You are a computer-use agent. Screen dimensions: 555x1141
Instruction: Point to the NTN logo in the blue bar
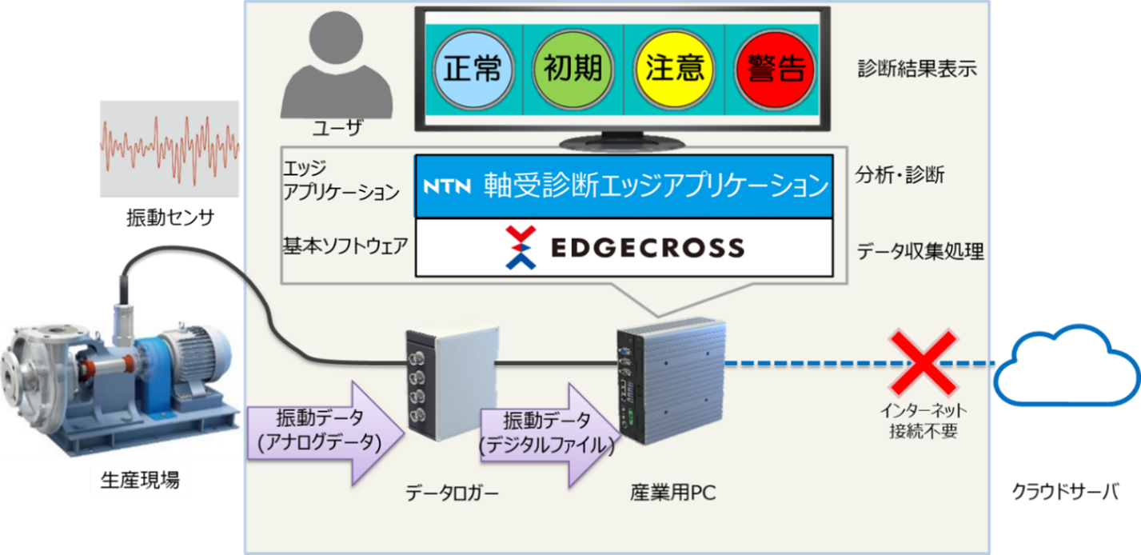point(447,187)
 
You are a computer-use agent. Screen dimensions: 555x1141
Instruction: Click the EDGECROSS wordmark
point(648,248)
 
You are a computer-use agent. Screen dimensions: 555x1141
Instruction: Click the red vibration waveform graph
point(170,148)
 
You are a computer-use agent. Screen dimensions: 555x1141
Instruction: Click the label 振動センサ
point(170,217)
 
